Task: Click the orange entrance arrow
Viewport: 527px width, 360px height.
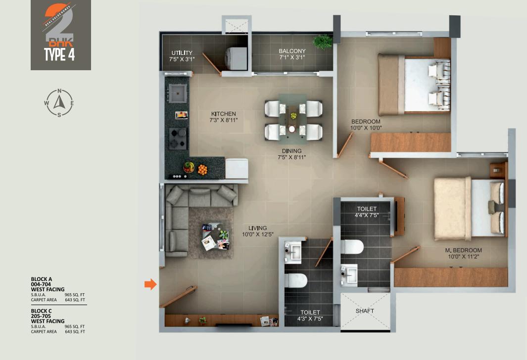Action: (150, 284)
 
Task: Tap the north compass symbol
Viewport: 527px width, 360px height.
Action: (59, 102)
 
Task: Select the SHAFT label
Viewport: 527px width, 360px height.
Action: (365, 311)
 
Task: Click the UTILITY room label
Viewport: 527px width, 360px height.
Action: (182, 53)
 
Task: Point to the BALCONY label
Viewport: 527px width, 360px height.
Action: (292, 51)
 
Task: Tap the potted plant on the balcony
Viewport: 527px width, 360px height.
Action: (323, 41)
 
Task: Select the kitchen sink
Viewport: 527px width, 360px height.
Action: (177, 92)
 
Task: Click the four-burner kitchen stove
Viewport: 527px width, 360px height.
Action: (178, 138)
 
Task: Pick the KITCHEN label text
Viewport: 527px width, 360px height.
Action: (224, 114)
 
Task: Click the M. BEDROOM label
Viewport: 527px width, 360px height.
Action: (463, 250)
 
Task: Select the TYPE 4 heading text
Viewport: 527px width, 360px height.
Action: (59, 54)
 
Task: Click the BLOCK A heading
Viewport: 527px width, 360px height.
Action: (42, 279)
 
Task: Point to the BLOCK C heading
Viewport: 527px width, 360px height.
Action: (42, 311)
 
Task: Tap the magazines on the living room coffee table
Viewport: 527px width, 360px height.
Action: (216, 239)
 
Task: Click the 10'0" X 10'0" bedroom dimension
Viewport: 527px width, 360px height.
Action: (366, 128)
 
